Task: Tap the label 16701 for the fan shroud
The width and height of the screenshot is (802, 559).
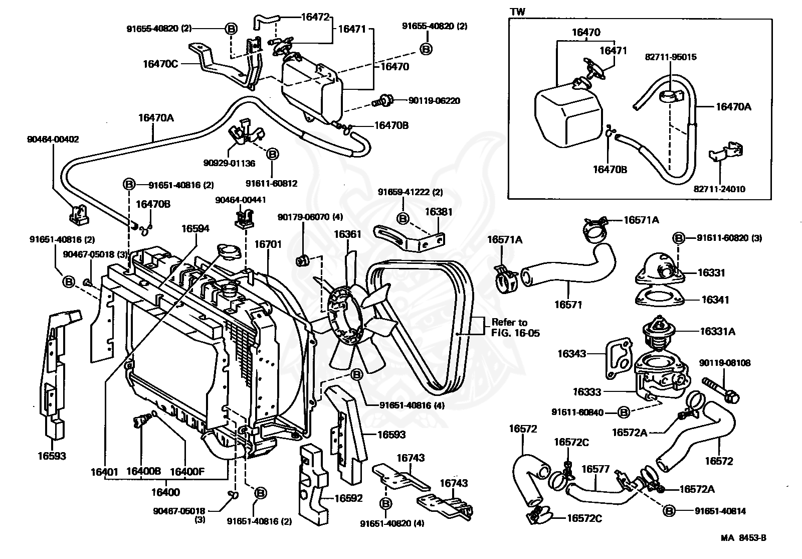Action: point(268,244)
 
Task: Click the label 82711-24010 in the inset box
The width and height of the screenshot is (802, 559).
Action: point(719,189)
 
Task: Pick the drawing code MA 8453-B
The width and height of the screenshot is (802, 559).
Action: point(743,538)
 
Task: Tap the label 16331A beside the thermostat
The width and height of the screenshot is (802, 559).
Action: point(718,331)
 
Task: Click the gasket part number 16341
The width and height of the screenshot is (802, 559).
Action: point(715,300)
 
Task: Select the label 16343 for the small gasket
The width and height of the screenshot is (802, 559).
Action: point(571,354)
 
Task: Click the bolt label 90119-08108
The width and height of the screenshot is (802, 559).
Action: point(725,363)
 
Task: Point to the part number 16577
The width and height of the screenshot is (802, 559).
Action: point(595,469)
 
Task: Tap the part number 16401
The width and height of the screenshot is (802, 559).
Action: point(104,472)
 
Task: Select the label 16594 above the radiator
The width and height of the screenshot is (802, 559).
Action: point(195,229)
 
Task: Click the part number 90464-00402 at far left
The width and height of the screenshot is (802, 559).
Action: point(53,139)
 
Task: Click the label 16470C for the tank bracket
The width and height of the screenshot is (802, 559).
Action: point(160,64)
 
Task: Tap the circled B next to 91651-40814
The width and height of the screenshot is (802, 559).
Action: point(669,511)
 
